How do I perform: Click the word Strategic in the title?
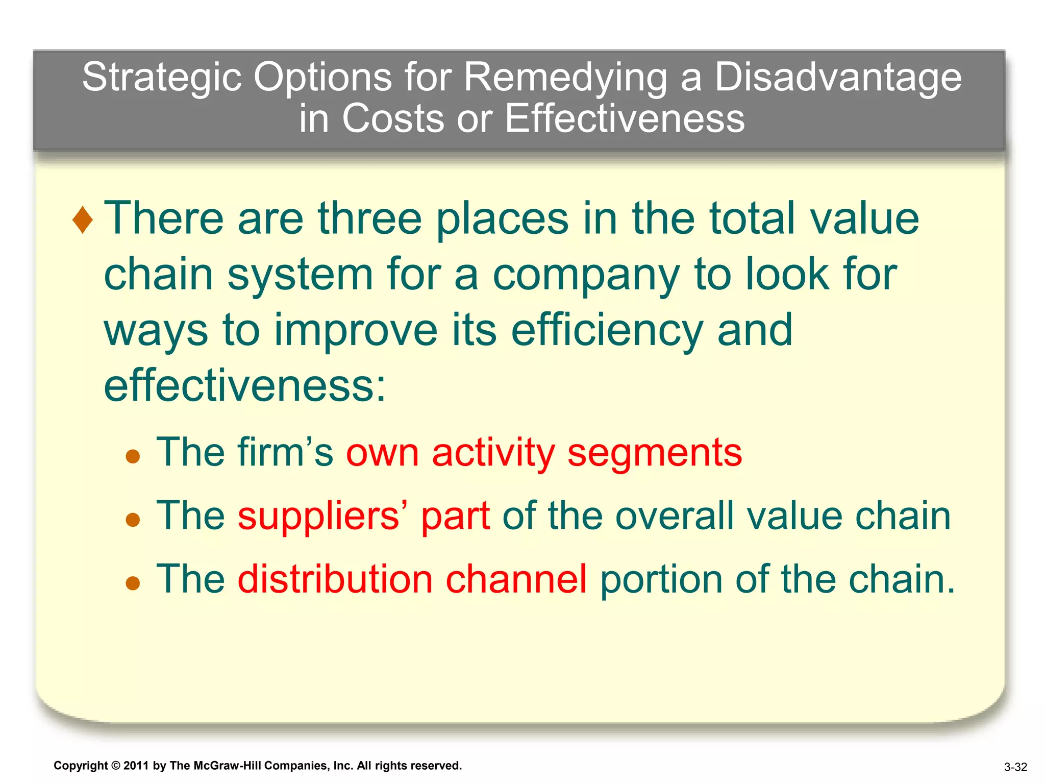pyautogui.click(x=161, y=78)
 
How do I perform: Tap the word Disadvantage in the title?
pyautogui.click(x=837, y=78)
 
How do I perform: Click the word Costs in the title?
pyautogui.click(x=392, y=118)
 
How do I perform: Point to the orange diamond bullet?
pyautogui.click(x=83, y=220)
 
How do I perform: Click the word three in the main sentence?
pyautogui.click(x=369, y=218)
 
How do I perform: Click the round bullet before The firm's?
pyautogui.click(x=133, y=456)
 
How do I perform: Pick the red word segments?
pyautogui.click(x=655, y=453)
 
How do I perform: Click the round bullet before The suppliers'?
pyautogui.click(x=133, y=520)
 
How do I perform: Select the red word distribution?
pyautogui.click(x=335, y=579)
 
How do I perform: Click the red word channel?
pyautogui.click(x=516, y=579)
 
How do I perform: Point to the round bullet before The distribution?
pyautogui.click(x=133, y=583)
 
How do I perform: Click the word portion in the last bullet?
pyautogui.click(x=661, y=580)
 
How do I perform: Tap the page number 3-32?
pyautogui.click(x=1015, y=767)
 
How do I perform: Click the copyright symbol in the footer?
pyautogui.click(x=116, y=766)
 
